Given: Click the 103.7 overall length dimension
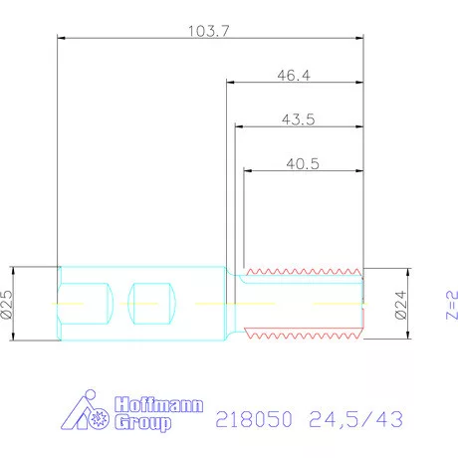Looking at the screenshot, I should click(209, 31).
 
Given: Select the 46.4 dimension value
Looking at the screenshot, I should click(294, 75).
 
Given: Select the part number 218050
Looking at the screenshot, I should click(253, 420).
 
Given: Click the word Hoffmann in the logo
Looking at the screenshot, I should click(159, 405).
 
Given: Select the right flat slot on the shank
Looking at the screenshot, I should click(153, 303).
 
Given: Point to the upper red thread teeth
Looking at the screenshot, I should click(304, 271).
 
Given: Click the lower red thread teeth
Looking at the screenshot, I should click(304, 336).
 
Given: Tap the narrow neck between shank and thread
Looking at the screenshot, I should click(233, 303).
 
